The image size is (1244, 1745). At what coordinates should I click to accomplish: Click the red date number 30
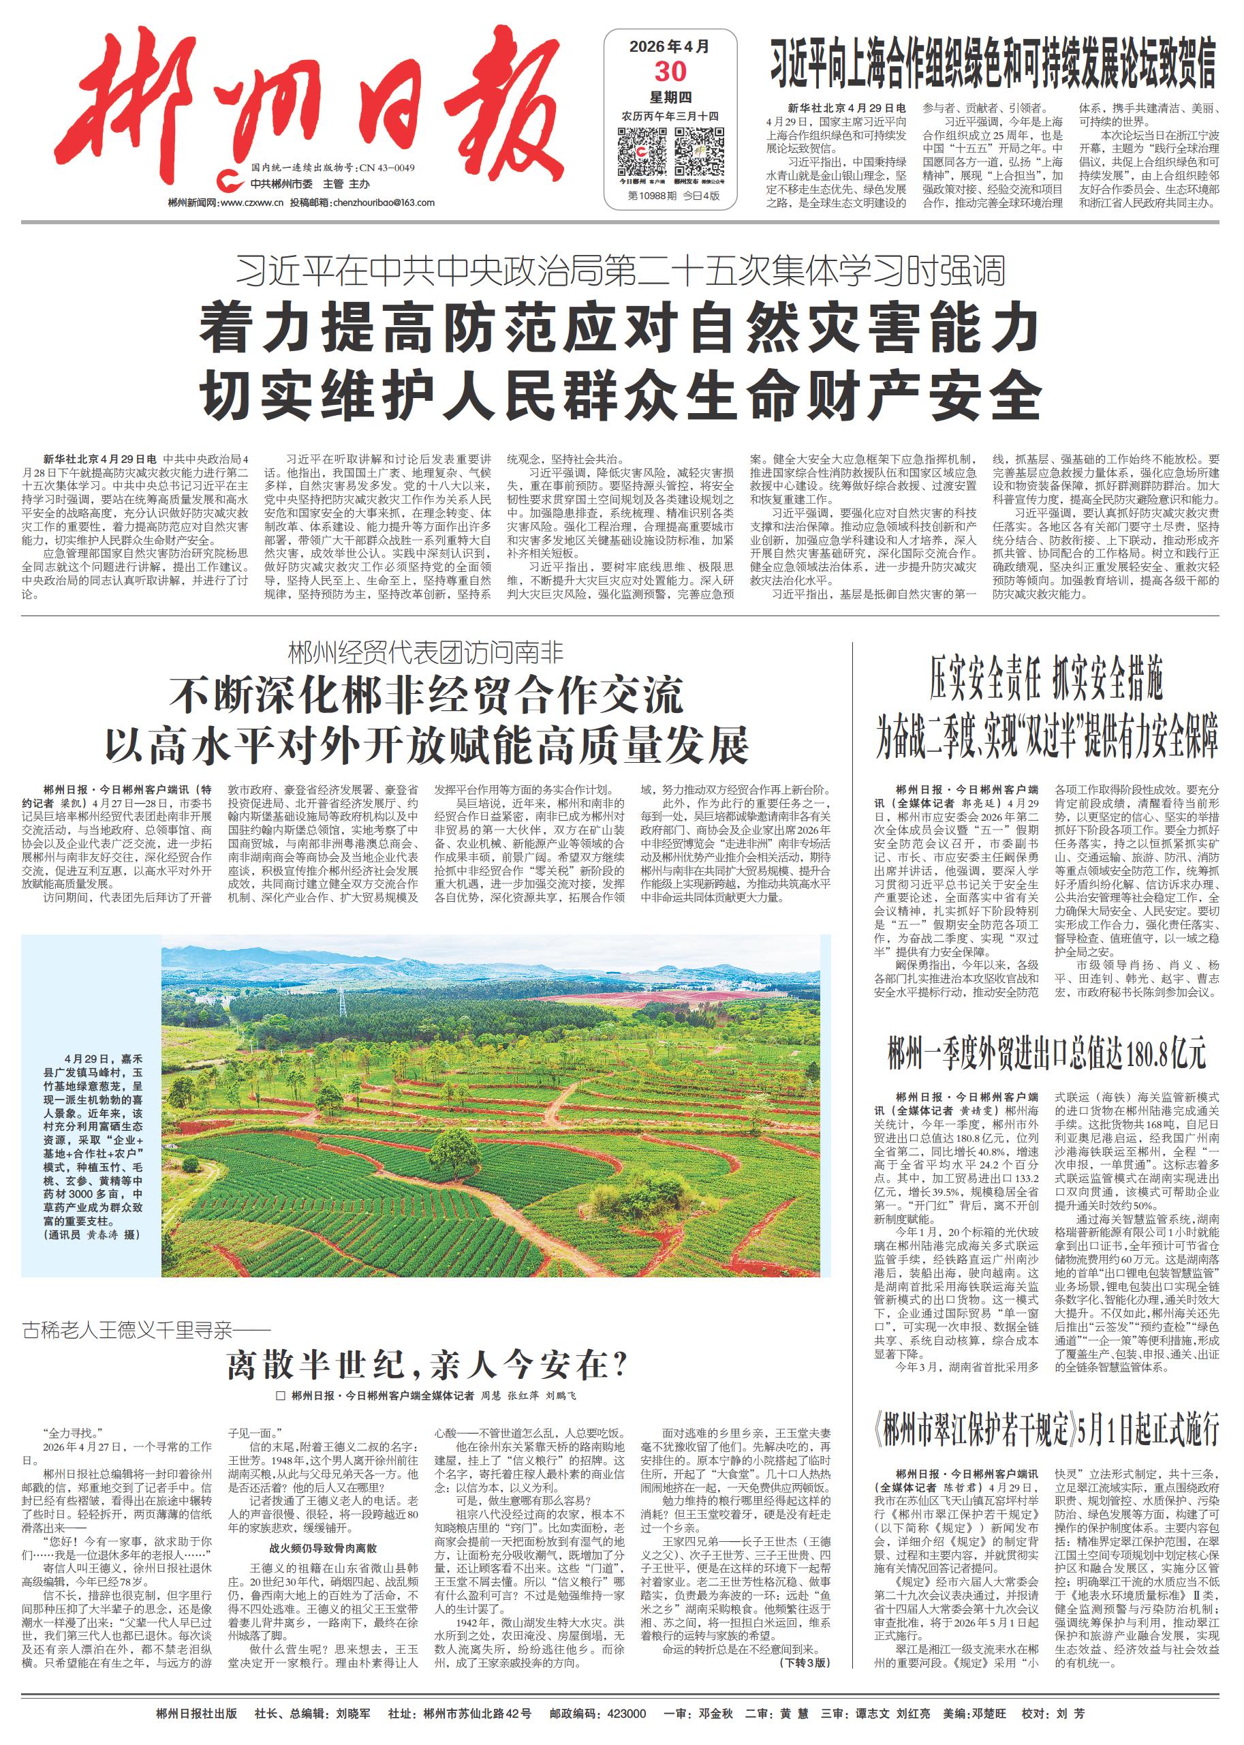tap(670, 72)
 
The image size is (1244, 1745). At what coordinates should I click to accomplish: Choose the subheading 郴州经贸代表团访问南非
tap(426, 654)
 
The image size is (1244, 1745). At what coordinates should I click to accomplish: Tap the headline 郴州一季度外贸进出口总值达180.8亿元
tap(1046, 1054)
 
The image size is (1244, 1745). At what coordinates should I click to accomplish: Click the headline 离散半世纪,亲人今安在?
tap(426, 1364)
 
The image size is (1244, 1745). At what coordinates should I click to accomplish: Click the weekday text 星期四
tap(670, 97)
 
